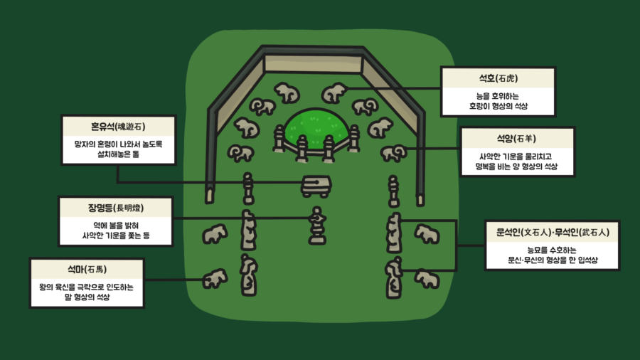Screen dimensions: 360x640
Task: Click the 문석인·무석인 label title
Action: (x=553, y=232)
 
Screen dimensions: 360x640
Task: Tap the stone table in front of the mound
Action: (x=316, y=186)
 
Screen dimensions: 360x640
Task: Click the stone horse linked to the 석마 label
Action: (x=214, y=278)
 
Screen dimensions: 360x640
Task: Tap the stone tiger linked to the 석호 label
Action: (x=334, y=92)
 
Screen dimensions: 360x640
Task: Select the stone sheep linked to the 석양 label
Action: (x=393, y=153)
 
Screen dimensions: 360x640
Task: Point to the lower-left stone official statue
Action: (x=248, y=275)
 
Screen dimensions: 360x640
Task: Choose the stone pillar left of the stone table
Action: (x=247, y=189)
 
